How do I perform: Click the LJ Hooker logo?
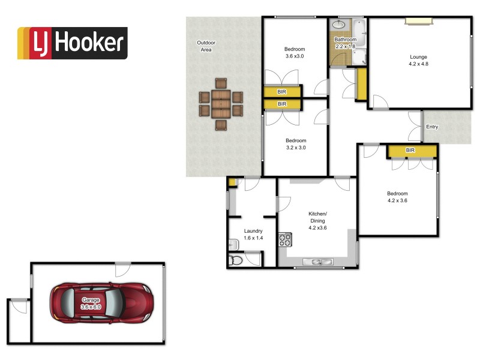point(72,43)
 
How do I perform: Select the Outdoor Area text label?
point(206,46)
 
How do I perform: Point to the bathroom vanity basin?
point(338,25)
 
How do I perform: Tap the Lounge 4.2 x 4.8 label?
point(418,61)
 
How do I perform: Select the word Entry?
point(432,127)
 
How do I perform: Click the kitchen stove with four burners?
point(284,240)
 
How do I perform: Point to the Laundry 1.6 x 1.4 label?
point(253,235)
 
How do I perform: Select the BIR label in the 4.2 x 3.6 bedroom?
point(410,151)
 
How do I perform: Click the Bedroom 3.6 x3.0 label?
point(295,53)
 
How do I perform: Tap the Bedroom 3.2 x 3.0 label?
point(296,144)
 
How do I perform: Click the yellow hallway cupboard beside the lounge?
point(361,84)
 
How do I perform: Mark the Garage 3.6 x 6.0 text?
point(92,303)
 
